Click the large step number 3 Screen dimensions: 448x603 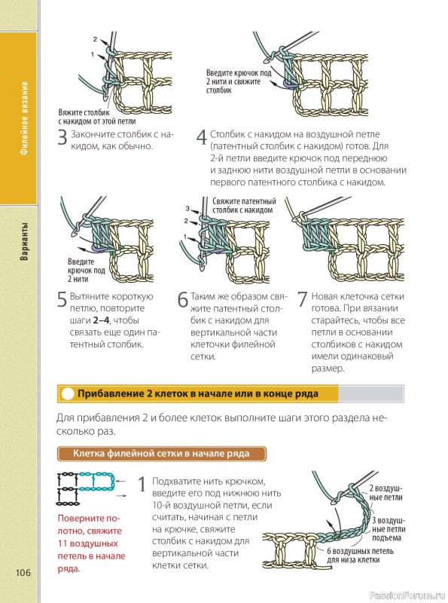62,138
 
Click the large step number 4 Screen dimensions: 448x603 202,138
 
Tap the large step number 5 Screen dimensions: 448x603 62,300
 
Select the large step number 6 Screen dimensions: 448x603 183,300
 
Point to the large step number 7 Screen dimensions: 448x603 303,300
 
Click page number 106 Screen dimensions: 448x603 23,573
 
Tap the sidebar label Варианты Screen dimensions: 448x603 24,241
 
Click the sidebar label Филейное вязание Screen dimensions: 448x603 24,118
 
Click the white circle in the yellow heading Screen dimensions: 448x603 68,393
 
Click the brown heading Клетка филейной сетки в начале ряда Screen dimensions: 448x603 161,454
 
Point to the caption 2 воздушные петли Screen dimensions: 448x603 386,493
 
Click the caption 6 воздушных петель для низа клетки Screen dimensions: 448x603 360,556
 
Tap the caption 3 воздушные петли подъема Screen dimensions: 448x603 388,529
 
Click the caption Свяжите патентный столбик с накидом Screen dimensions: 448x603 245,206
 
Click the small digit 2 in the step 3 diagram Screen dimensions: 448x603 96,39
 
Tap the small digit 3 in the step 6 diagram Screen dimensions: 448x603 187,209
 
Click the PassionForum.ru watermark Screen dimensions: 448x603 407,595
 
